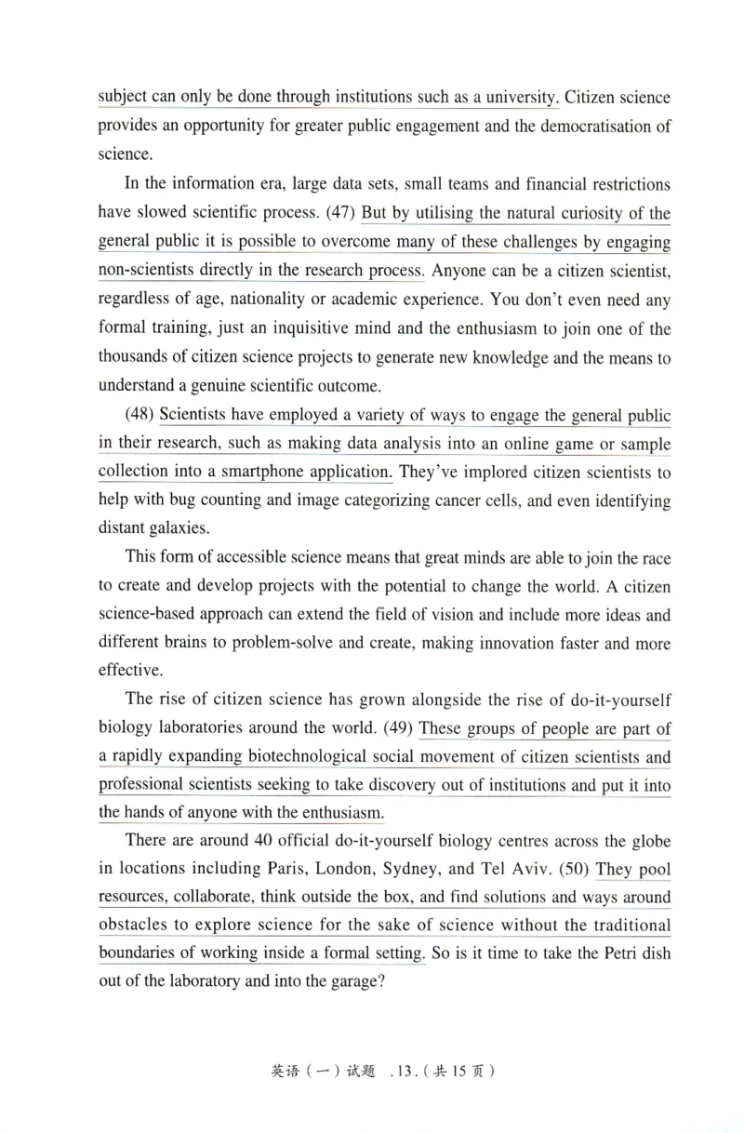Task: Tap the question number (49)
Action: [x=400, y=728]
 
